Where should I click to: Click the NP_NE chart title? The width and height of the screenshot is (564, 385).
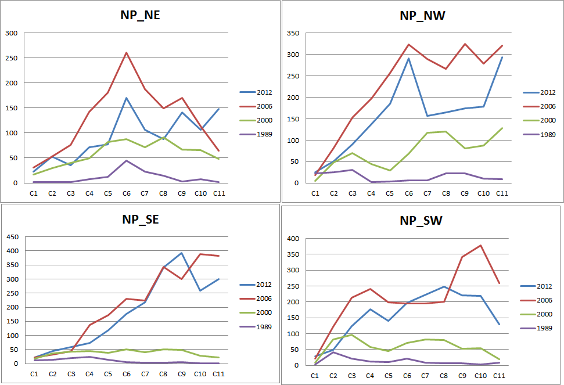click(136, 15)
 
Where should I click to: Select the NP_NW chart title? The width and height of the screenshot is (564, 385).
click(422, 15)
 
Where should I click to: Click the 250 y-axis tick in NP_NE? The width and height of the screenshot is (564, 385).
click(12, 58)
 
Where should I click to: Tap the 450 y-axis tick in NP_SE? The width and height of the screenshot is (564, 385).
click(12, 237)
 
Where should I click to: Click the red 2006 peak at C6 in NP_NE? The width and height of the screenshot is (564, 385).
click(126, 53)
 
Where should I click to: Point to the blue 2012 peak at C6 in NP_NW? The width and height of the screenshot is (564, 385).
click(408, 58)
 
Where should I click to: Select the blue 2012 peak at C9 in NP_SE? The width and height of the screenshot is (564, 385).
click(182, 253)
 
